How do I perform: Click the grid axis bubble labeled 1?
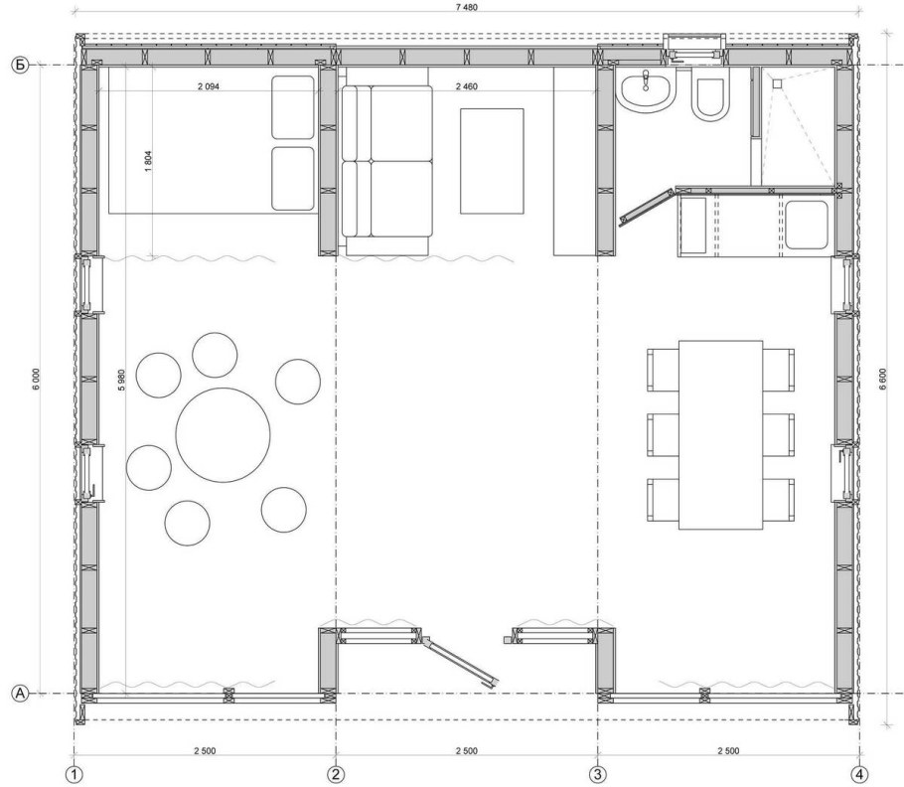(x=74, y=775)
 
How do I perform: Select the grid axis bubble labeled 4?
(x=859, y=775)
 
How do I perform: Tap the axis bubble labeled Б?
(x=20, y=66)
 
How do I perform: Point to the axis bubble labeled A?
(x=20, y=694)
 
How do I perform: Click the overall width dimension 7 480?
(x=467, y=8)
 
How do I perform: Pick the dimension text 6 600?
(x=883, y=380)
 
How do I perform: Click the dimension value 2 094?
(x=209, y=87)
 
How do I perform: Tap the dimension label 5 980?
(x=121, y=381)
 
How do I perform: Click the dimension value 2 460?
(x=467, y=87)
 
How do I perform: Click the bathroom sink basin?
(x=646, y=90)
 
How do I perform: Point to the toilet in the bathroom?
(x=709, y=98)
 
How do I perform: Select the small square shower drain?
(x=777, y=83)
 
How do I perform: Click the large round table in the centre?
(x=224, y=434)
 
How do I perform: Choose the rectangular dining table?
(x=720, y=434)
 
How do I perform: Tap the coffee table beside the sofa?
(x=492, y=161)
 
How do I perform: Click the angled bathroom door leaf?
(x=648, y=205)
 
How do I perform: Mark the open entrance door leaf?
(x=461, y=662)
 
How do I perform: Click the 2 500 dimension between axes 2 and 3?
(x=467, y=750)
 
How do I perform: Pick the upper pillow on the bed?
(x=293, y=107)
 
